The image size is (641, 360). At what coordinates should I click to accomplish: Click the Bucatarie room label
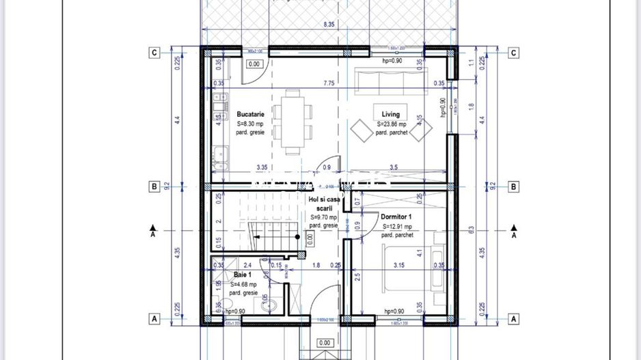coord(250,114)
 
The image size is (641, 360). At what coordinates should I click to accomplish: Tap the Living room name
coord(391,114)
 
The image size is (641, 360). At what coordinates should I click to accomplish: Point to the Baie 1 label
coord(241,273)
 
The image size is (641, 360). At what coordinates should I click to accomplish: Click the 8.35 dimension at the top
coord(329,25)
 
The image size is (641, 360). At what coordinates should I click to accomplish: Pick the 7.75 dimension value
coord(329,83)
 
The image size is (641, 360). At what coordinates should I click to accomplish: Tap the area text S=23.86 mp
coord(392,124)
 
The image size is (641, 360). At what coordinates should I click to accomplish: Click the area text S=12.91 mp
coord(397,226)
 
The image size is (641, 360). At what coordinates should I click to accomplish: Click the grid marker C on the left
coord(155,53)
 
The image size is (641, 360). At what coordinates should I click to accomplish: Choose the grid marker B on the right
coord(514,186)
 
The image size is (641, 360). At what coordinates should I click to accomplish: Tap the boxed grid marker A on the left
coord(155,319)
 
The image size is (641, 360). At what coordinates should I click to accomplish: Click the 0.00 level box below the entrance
coord(325,343)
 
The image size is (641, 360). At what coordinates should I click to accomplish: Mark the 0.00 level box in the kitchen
coord(254,64)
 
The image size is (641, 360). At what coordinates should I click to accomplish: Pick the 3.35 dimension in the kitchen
coord(262,167)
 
